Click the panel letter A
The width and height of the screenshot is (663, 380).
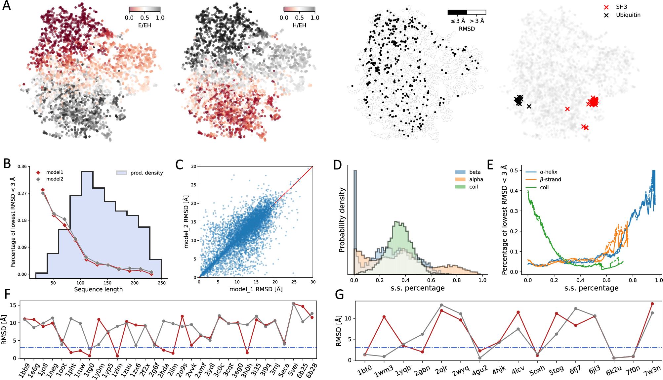(x=6, y=6)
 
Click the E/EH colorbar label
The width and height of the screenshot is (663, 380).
(x=145, y=25)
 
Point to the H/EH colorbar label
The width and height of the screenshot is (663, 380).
(x=299, y=25)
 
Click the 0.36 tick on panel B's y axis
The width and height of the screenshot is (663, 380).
(x=22, y=166)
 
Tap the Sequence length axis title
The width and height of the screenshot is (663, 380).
(x=98, y=289)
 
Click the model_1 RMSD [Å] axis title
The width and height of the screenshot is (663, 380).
(x=256, y=289)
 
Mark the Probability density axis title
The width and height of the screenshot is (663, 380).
(x=342, y=220)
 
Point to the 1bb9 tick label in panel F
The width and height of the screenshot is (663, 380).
(x=24, y=370)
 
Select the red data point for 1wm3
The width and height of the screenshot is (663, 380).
(x=384, y=317)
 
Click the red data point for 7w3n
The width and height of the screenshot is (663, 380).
(x=652, y=304)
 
